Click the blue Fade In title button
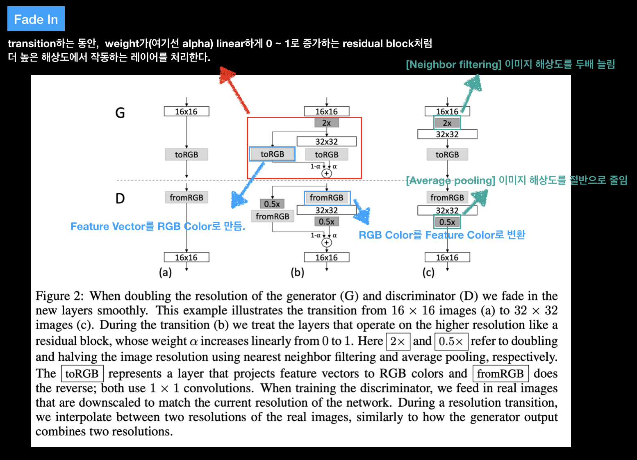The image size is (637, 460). point(36,19)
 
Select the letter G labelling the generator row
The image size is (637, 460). point(120,113)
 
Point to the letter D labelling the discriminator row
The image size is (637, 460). point(120,198)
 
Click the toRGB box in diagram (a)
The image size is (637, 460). point(187,155)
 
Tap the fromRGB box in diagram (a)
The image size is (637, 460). point(187,198)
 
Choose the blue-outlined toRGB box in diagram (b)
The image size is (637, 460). point(272,154)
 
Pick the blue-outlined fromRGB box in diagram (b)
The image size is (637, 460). point(327,198)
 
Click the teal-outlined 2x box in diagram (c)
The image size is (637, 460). point(447,123)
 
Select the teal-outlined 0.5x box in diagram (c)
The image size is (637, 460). point(447,222)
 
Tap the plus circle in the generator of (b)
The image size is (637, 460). point(326,173)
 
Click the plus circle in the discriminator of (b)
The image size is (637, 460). point(326,243)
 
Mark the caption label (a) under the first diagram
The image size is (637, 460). point(165,273)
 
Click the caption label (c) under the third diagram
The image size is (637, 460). point(428,273)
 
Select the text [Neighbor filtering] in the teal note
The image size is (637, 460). point(453,64)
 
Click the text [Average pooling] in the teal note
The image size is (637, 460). point(450,180)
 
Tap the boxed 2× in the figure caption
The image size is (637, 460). point(398,341)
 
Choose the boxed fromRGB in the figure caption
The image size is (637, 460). point(500,373)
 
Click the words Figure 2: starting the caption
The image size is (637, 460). point(59,296)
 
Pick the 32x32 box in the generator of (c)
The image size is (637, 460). point(447,134)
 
